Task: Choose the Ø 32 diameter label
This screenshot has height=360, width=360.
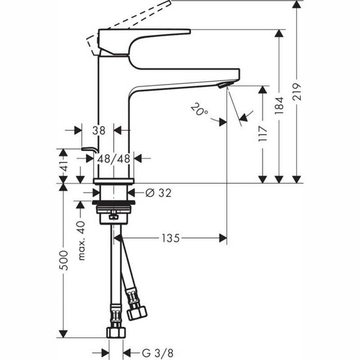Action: (x=158, y=193)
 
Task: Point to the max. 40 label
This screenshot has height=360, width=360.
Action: (x=81, y=241)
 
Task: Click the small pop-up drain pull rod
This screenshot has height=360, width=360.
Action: (x=91, y=150)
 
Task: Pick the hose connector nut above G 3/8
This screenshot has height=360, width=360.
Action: (x=116, y=330)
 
